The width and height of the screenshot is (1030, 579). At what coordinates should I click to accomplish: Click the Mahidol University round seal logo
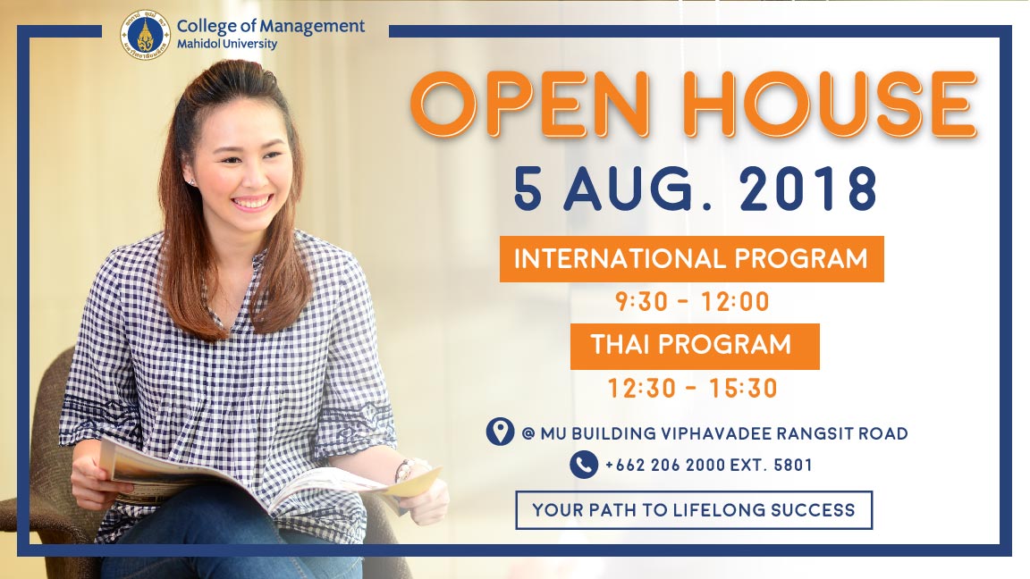tap(145, 34)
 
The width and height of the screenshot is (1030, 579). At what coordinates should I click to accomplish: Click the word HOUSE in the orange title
tap(830, 104)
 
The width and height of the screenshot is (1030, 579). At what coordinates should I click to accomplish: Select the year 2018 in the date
tap(808, 189)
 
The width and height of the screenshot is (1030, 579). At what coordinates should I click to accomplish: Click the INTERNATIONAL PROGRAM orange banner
tap(692, 258)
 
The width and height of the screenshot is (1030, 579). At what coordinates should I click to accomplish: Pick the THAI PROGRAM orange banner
tap(695, 346)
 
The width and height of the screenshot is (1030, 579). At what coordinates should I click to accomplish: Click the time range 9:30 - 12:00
tap(692, 302)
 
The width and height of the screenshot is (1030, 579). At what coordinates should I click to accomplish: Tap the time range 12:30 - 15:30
tap(692, 389)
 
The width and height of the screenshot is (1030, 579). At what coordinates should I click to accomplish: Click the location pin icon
tap(500, 432)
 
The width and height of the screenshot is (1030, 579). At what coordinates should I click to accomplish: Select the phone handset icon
tap(583, 465)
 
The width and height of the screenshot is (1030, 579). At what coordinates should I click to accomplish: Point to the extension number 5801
tap(793, 466)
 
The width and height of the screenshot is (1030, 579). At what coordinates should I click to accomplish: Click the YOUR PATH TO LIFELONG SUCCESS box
tap(694, 510)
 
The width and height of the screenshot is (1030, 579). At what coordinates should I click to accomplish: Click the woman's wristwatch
tap(402, 470)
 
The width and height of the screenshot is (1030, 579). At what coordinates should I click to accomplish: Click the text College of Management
tap(271, 26)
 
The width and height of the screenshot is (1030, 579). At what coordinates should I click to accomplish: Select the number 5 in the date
tap(528, 189)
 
